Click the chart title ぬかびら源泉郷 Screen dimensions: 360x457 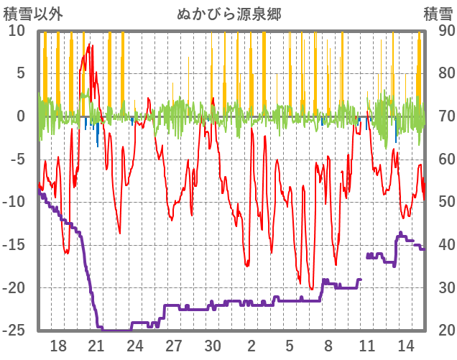(228, 14)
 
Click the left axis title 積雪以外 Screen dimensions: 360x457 (28, 14)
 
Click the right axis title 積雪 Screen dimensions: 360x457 (438, 14)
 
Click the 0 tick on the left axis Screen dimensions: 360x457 (21, 116)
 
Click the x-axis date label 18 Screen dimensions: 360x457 (58, 345)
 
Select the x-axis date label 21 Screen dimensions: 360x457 (97, 345)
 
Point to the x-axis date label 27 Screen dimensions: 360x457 (174, 345)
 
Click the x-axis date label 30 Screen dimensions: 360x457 (213, 345)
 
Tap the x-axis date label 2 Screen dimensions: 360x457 (251, 345)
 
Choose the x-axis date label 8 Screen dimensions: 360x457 (328, 345)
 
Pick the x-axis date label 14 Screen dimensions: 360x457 (405, 345)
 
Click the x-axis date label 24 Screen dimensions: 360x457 (135, 345)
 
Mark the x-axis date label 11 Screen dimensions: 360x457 (366, 345)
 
